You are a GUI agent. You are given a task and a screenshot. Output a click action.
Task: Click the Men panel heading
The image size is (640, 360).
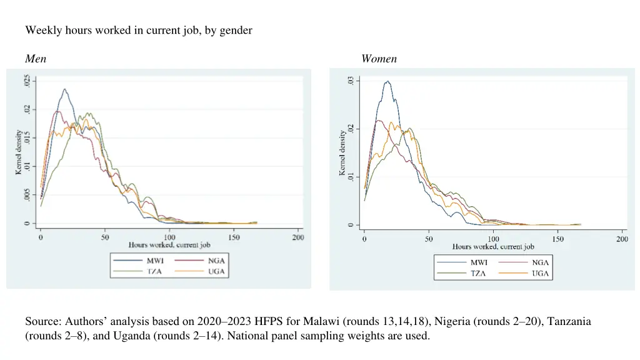35,59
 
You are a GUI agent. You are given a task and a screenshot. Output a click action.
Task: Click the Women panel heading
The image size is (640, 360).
379,59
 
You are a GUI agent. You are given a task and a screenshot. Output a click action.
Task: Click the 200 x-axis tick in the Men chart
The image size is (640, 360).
298,237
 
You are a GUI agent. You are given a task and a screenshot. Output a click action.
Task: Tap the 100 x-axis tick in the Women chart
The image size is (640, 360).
493,239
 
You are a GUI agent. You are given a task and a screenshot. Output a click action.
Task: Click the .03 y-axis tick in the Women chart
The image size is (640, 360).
351,81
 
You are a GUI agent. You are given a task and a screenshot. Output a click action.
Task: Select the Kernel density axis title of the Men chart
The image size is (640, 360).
19,151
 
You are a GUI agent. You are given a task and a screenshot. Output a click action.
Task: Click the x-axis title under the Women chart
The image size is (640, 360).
493,247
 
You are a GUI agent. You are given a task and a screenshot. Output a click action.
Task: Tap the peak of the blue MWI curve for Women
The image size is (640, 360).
387,81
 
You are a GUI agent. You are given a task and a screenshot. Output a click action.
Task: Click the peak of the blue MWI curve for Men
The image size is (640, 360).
64,89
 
